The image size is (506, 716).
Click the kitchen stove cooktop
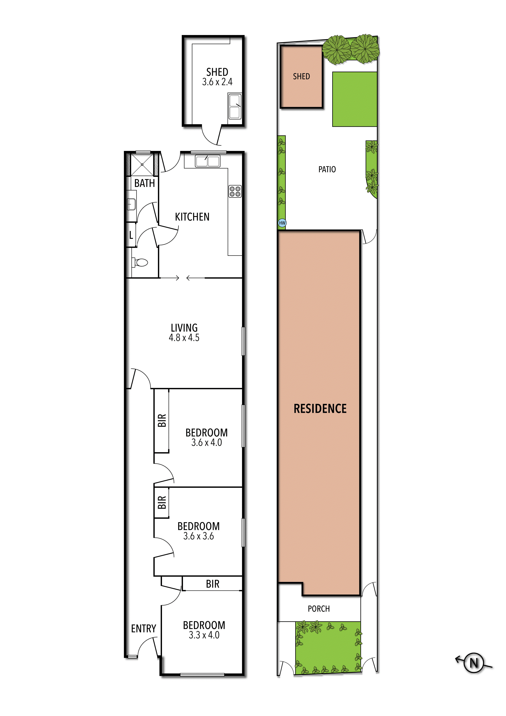click(x=235, y=192)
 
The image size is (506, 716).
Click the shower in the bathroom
click(x=142, y=164)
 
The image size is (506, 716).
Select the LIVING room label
click(x=184, y=328)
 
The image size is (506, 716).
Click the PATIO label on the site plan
click(x=327, y=169)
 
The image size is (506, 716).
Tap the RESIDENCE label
click(x=320, y=408)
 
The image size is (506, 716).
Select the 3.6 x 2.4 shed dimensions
click(x=217, y=82)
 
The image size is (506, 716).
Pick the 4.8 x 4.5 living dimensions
click(x=184, y=337)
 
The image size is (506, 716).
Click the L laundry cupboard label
click(x=131, y=235)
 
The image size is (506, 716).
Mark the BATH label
click(x=144, y=183)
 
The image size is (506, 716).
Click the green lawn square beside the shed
click(x=355, y=99)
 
